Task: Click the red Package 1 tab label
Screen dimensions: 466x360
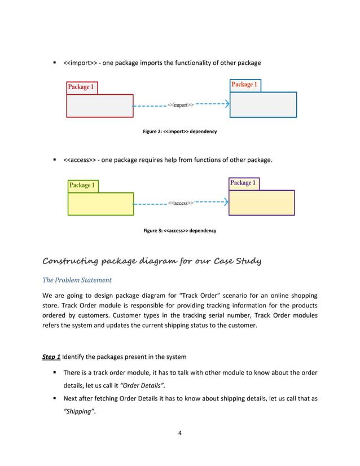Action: (x=81, y=87)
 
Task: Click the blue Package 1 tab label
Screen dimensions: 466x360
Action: (x=244, y=85)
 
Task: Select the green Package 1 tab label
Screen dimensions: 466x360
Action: (x=82, y=185)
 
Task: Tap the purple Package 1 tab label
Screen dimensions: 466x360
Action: (x=243, y=183)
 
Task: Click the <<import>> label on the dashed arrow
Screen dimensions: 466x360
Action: (x=181, y=105)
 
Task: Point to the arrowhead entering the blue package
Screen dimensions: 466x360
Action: (x=226, y=104)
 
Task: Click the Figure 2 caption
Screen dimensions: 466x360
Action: (x=179, y=131)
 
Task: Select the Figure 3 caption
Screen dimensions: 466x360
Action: (x=179, y=231)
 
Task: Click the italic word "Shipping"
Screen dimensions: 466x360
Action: (x=78, y=411)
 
